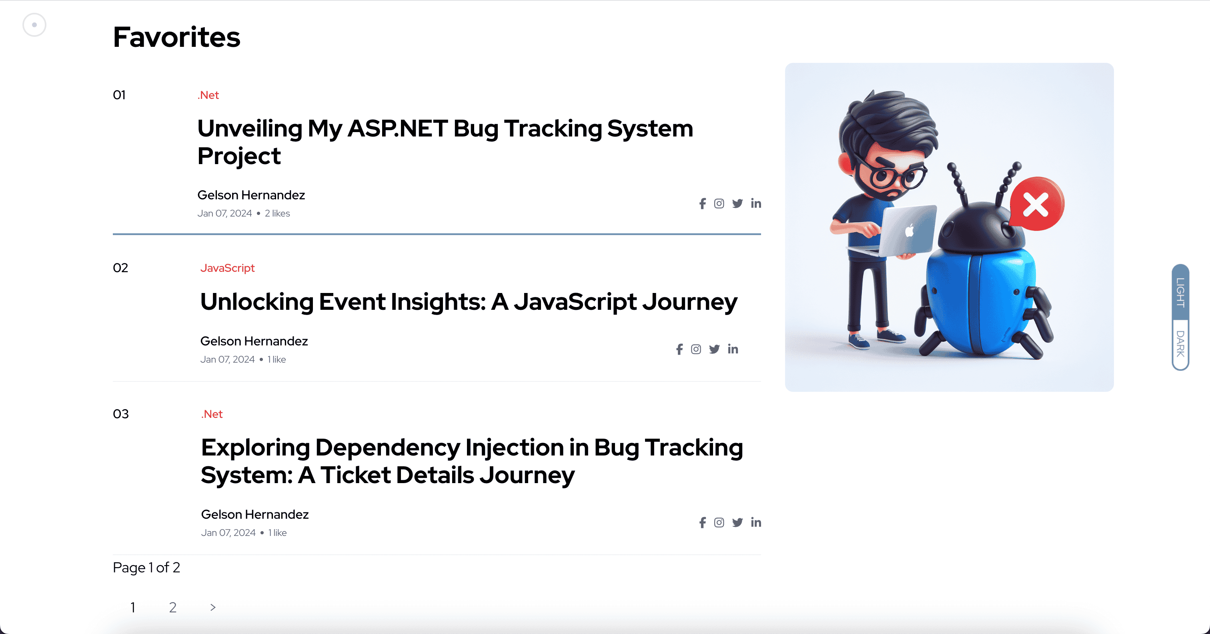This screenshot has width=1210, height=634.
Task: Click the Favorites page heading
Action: click(x=176, y=37)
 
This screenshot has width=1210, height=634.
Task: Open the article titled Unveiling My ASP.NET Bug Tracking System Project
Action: click(x=445, y=142)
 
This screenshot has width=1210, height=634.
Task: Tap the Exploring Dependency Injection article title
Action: click(x=472, y=461)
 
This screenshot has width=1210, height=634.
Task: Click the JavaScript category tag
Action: click(x=227, y=268)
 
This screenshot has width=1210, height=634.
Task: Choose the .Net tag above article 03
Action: click(x=212, y=414)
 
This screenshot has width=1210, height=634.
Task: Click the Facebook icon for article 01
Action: click(x=702, y=203)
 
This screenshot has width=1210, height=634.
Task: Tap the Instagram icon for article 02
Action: click(x=696, y=349)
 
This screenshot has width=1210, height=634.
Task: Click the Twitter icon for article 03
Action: click(x=737, y=523)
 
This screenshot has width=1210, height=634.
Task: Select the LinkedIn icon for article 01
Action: click(x=756, y=203)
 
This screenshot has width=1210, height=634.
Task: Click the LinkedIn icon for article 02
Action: click(x=733, y=349)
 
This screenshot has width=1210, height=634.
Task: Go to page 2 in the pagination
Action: click(x=173, y=608)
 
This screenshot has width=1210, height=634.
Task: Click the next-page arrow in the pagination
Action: click(x=213, y=608)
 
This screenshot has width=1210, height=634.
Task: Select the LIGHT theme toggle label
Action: click(x=1180, y=292)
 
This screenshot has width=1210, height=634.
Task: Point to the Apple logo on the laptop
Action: click(x=910, y=230)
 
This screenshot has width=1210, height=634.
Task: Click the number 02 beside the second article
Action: click(x=121, y=268)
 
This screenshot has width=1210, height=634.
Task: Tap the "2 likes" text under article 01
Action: click(x=277, y=213)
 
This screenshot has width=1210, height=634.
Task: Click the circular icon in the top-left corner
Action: click(x=34, y=25)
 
